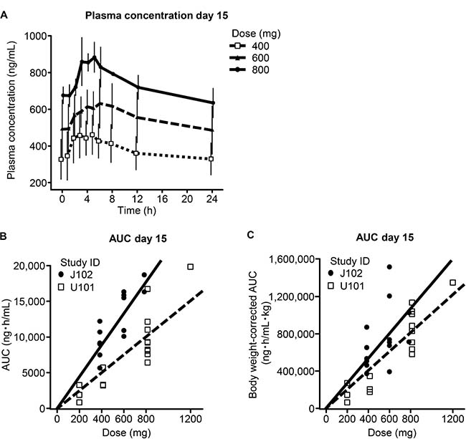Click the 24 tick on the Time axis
[x=211, y=198]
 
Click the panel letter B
[x=5, y=233]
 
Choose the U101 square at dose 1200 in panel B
[x=191, y=266]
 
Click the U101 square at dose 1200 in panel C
[x=453, y=282]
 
